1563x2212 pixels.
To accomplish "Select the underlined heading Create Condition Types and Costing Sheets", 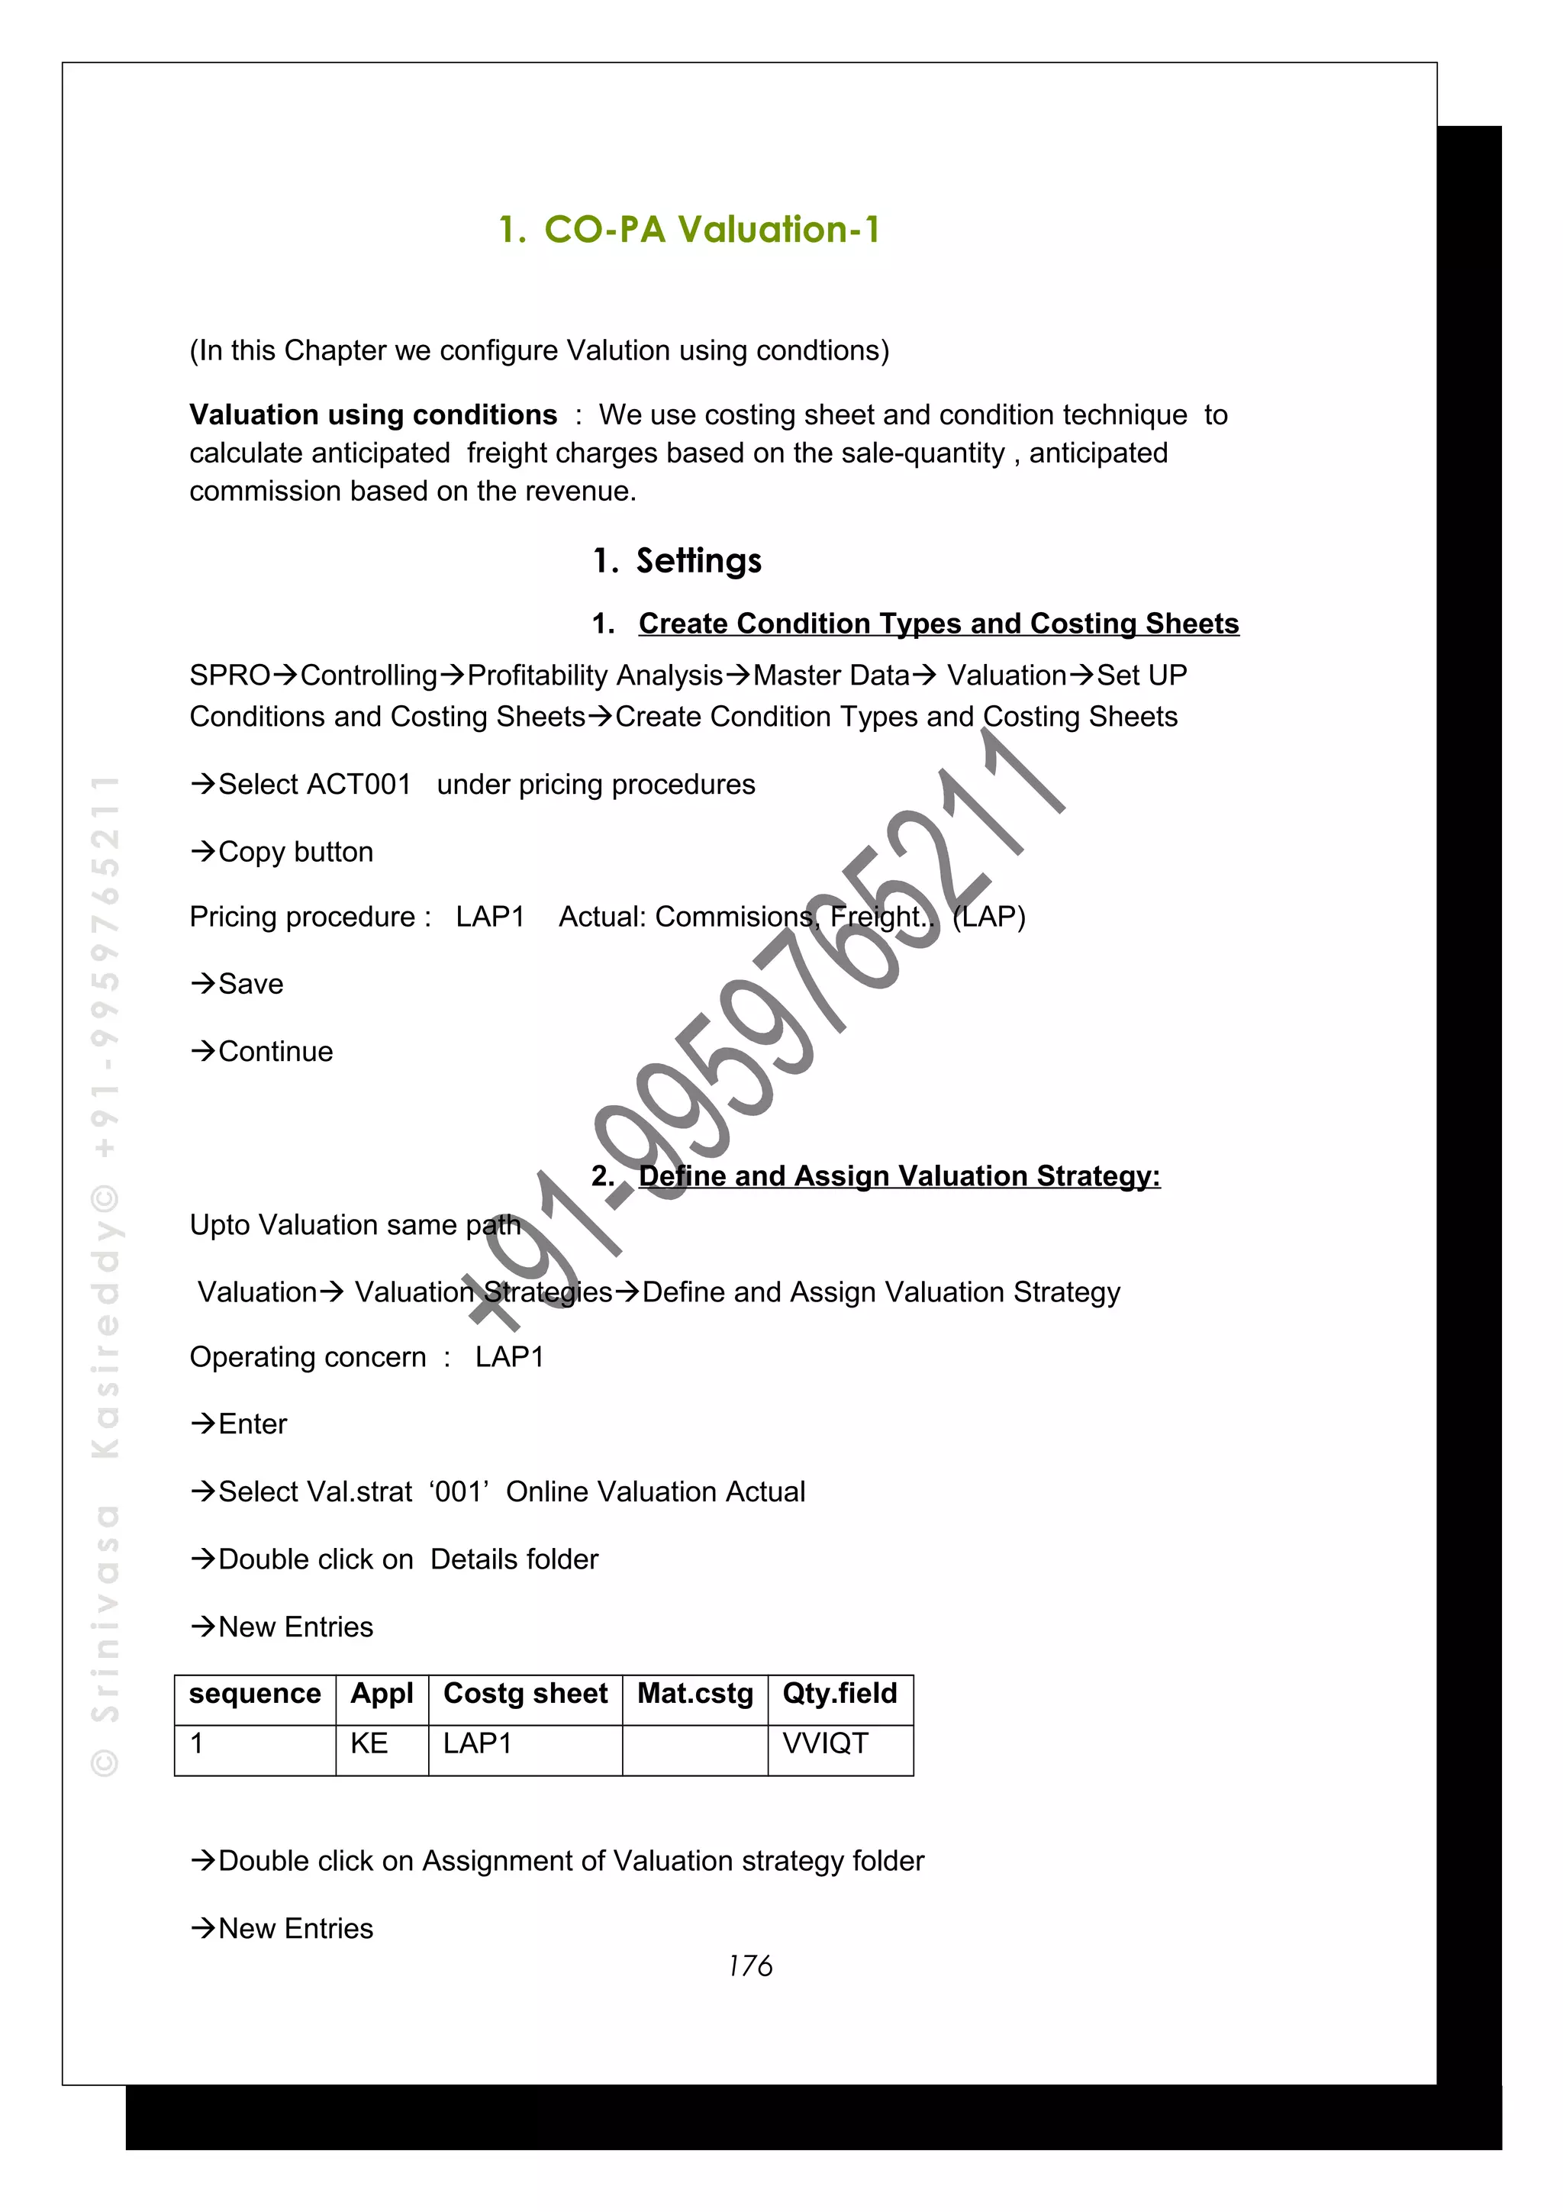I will click(x=938, y=624).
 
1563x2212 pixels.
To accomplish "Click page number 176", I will click(x=750, y=1965).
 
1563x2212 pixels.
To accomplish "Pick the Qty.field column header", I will click(x=839, y=1694).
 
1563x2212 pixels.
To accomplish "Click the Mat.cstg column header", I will click(x=694, y=1694).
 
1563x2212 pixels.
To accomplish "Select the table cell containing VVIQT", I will click(x=825, y=1744).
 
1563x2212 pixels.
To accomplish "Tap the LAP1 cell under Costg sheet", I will click(x=478, y=1744).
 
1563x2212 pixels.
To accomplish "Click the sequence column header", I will click(x=254, y=1694).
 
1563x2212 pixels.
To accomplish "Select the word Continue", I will click(x=276, y=1051).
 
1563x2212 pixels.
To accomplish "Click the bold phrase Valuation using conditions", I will click(x=372, y=414).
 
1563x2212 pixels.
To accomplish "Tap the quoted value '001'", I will click(x=459, y=1491).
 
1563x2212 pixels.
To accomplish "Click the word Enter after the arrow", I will click(x=253, y=1424).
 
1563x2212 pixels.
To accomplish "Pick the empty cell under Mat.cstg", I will click(x=694, y=1749).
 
